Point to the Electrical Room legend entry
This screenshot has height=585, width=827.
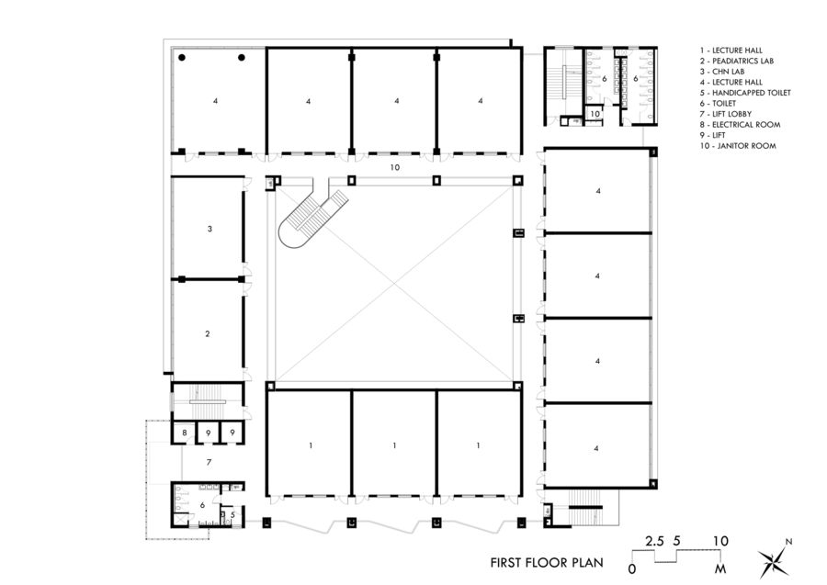point(738,124)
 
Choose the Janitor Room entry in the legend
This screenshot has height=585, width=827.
point(737,145)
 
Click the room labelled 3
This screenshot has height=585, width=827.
point(210,227)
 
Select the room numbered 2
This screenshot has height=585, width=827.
point(208,334)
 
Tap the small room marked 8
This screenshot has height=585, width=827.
point(184,432)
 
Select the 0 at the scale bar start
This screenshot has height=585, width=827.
point(632,569)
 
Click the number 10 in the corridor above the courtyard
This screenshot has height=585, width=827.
point(394,168)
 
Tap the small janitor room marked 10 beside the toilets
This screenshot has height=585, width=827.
point(595,114)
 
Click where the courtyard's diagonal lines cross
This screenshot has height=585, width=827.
point(394,279)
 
